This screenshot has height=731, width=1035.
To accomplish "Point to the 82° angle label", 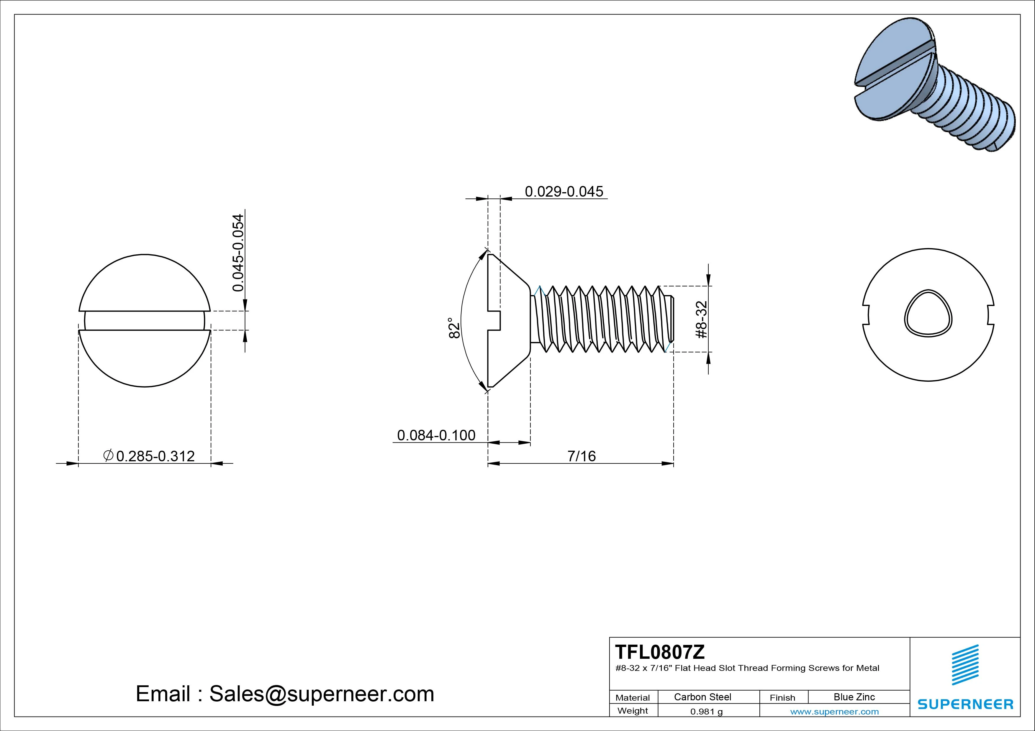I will coord(454,328).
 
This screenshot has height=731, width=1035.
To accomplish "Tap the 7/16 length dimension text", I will coord(582,456).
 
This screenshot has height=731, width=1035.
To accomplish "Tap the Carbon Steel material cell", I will coord(702,697).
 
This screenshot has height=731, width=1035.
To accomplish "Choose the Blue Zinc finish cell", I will coord(854,697).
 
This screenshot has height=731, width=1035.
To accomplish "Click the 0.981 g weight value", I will coord(706,712).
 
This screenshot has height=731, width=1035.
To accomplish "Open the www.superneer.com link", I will coord(834,712).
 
